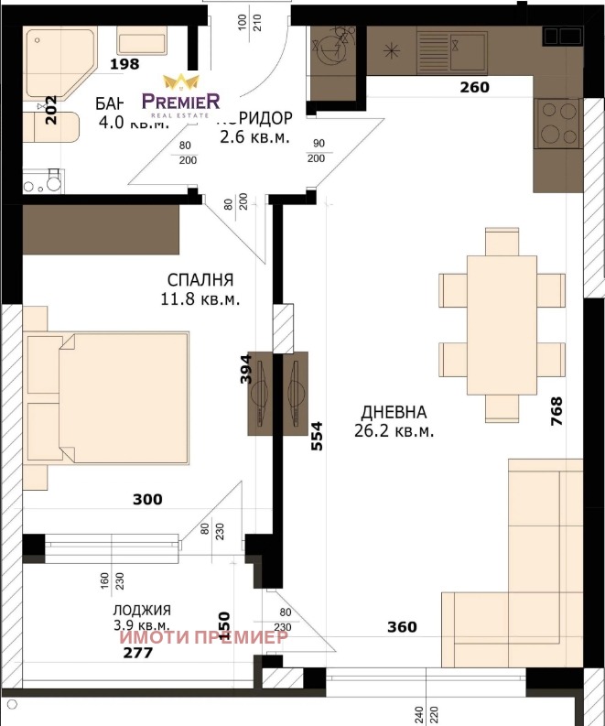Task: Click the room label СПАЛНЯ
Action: (200, 280)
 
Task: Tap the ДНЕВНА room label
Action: (394, 412)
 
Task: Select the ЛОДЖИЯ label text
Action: (142, 610)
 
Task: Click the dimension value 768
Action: (556, 412)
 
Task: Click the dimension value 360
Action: (401, 627)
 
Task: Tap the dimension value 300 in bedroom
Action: (146, 500)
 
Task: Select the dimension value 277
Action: (139, 653)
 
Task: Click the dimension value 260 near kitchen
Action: (474, 88)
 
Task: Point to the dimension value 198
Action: (124, 64)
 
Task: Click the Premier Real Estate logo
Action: (179, 95)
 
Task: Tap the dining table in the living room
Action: (501, 325)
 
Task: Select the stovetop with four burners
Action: (557, 122)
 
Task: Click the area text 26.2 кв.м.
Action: (394, 429)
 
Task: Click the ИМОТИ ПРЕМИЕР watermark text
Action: (204, 636)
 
